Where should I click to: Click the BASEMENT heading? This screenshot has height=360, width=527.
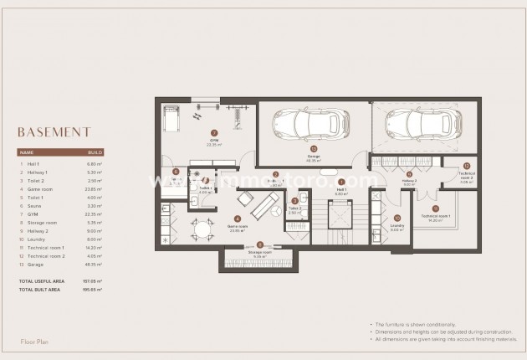pos(54,131)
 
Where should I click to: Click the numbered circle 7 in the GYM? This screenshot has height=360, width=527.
pos(214,133)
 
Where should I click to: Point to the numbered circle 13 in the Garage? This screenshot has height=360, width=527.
pos(314,150)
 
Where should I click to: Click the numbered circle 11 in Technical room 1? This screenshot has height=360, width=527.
pos(435,208)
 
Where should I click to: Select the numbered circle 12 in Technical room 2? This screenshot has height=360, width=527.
pos(466,166)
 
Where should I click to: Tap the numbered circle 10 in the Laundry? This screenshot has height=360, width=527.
pos(397,218)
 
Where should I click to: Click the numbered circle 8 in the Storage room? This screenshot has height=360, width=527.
pos(259,245)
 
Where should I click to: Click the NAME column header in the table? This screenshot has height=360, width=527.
pos(27,153)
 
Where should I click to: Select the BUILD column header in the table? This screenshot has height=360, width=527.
pos(95,153)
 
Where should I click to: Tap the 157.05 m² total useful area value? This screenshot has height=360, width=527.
pos(93,280)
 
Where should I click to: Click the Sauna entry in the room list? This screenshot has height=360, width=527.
pos(35,205)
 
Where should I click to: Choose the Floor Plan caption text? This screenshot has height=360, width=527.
pos(37,342)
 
